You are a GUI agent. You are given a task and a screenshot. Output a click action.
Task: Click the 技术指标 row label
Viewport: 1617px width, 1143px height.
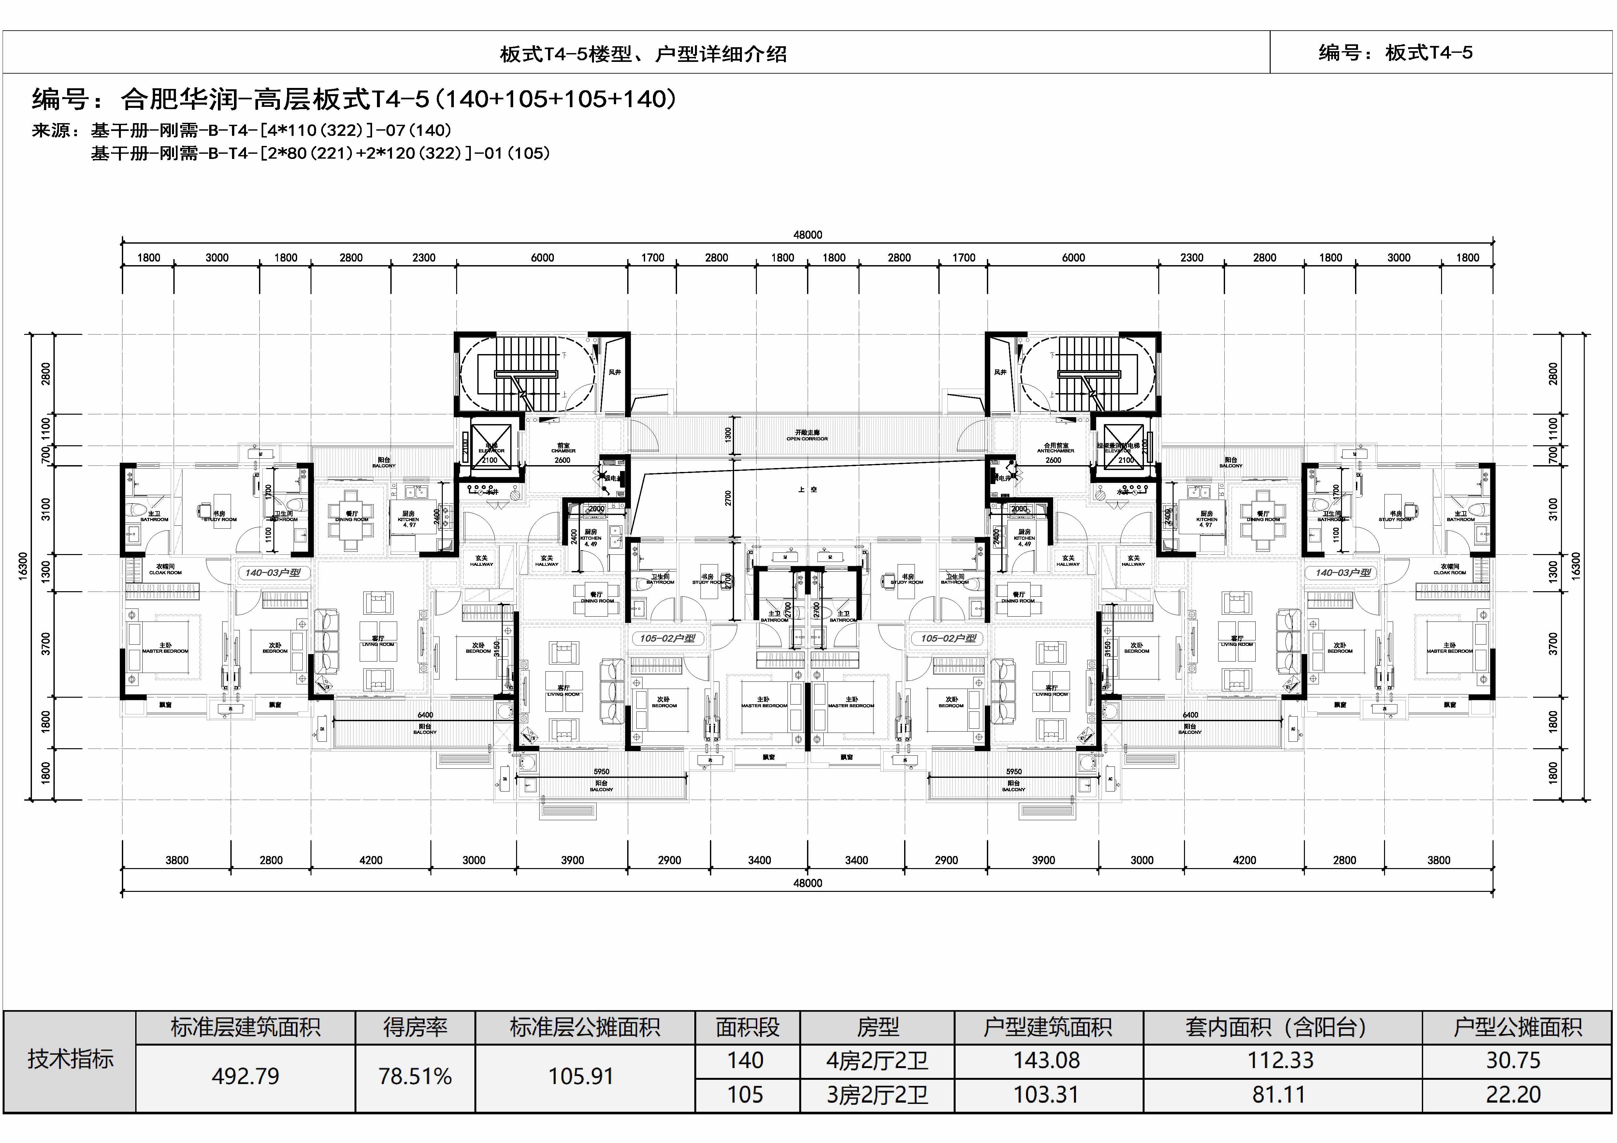pos(70,1059)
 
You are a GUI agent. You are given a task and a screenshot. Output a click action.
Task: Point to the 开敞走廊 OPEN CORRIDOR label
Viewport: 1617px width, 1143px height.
pos(807,435)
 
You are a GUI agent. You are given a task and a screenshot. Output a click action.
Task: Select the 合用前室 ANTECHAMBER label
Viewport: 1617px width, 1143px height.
pos(1056,448)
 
